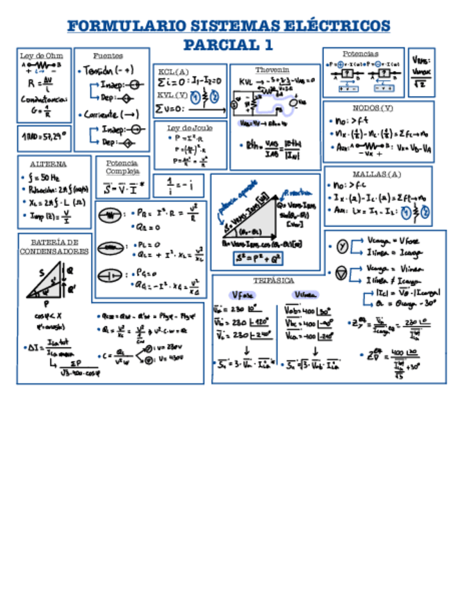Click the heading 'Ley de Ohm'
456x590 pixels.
[x=36, y=55]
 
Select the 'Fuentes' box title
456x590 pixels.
[x=108, y=55]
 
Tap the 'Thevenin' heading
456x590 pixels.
[x=272, y=70]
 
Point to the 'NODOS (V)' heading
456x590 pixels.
[x=373, y=108]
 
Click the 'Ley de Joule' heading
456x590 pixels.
[x=190, y=128]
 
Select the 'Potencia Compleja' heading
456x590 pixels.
[x=123, y=166]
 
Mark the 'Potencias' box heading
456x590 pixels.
[x=361, y=54]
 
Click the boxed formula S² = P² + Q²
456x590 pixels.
[x=258, y=259]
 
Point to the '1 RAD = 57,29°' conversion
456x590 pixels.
[x=44, y=138]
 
